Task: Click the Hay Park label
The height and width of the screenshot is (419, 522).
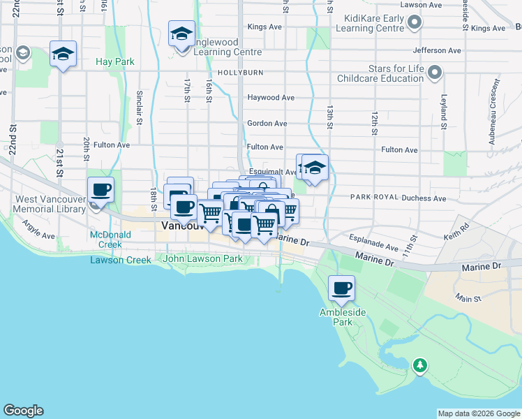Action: tap(115, 62)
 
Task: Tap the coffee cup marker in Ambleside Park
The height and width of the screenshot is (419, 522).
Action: tap(341, 288)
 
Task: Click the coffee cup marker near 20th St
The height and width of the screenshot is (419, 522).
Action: tap(100, 190)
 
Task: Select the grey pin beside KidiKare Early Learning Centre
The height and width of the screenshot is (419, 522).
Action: tap(415, 22)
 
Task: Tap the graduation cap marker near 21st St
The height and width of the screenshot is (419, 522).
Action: tap(63, 54)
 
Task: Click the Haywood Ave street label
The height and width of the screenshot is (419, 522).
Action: tap(271, 98)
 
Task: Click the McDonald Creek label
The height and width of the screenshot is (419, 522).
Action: tap(105, 240)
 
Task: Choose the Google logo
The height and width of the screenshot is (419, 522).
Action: tap(23, 411)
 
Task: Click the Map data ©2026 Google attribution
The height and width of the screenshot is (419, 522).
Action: tap(478, 413)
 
